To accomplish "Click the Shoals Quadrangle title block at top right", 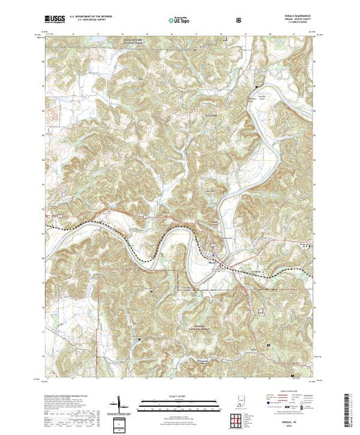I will [296, 19].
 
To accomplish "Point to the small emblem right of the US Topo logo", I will [238, 19].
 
